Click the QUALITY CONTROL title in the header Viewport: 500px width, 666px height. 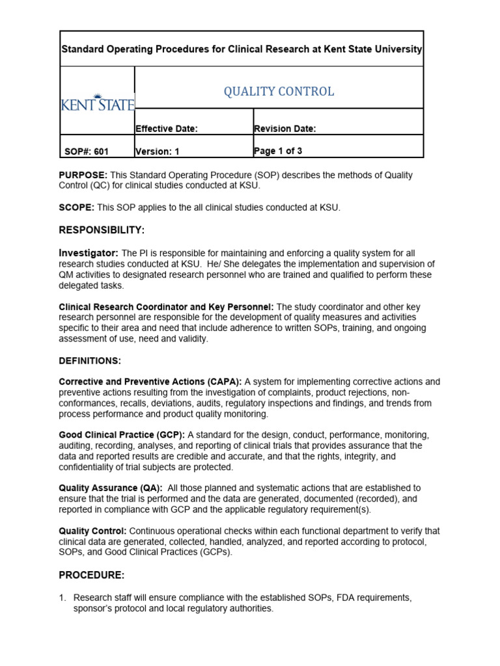click(x=279, y=92)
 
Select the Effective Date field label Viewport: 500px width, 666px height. click(x=166, y=129)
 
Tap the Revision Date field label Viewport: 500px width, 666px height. click(x=285, y=129)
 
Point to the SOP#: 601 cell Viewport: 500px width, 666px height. click(x=87, y=152)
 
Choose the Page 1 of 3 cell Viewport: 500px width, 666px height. click(x=278, y=151)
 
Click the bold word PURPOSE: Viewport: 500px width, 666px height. click(x=83, y=176)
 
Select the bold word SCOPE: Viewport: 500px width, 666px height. click(x=77, y=207)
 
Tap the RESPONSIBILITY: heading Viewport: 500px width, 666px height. click(x=102, y=230)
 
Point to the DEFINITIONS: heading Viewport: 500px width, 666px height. click(x=90, y=360)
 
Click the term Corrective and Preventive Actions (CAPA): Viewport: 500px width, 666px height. click(x=150, y=382)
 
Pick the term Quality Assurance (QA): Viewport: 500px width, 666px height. click(x=111, y=488)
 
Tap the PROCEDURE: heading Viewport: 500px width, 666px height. click(x=91, y=575)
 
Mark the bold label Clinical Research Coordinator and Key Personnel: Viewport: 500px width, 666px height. click(x=167, y=306)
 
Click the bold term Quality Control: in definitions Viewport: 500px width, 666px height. click(x=92, y=531)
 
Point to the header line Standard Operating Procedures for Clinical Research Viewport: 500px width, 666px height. click(x=242, y=49)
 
